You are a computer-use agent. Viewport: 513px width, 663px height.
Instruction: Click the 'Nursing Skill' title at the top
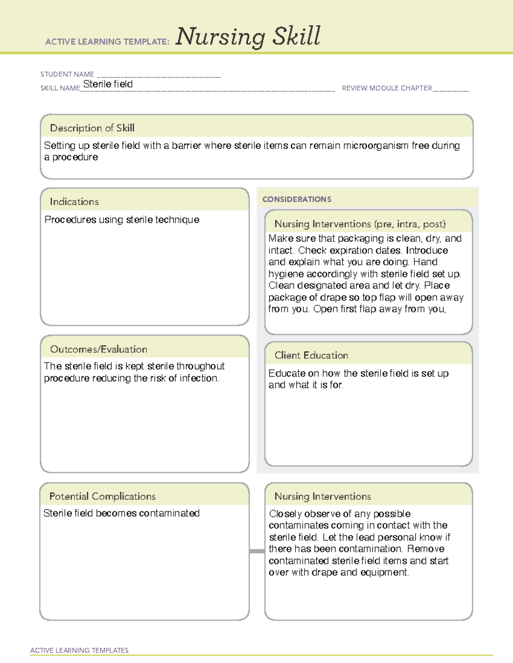(x=248, y=36)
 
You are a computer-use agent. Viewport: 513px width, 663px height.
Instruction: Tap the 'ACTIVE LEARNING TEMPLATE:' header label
(x=107, y=42)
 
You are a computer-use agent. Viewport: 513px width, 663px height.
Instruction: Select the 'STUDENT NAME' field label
(x=67, y=74)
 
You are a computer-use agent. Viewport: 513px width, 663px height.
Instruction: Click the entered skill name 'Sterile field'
(x=108, y=84)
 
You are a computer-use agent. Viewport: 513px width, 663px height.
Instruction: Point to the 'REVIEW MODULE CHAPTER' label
(x=387, y=88)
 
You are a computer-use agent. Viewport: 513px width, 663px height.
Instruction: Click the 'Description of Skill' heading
(x=92, y=128)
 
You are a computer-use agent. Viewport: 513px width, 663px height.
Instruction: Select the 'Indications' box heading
(x=74, y=202)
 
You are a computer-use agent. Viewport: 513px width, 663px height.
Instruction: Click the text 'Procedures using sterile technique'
(x=122, y=219)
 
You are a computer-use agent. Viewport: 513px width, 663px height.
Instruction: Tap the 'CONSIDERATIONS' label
(x=297, y=199)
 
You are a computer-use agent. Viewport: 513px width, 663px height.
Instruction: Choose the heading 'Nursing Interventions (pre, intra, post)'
(x=360, y=224)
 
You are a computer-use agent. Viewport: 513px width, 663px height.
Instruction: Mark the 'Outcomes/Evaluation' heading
(x=98, y=349)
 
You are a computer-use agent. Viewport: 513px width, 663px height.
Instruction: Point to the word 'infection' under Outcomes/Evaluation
(x=199, y=378)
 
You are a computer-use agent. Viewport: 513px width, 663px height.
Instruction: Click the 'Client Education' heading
(x=311, y=355)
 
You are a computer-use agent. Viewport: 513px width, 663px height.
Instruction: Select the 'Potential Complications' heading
(x=102, y=496)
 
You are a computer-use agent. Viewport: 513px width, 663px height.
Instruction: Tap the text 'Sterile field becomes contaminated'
(x=121, y=513)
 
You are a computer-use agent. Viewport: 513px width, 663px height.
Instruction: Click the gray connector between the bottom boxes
(x=257, y=551)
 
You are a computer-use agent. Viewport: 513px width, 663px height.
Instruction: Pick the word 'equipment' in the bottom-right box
(x=384, y=572)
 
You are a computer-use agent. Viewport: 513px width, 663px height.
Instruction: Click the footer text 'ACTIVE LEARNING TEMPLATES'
(x=79, y=650)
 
